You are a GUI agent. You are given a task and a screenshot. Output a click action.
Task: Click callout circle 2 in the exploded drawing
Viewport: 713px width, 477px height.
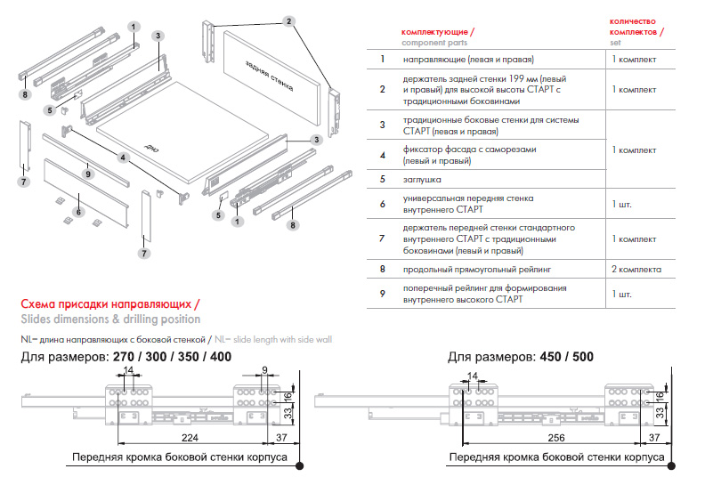click(x=289, y=20)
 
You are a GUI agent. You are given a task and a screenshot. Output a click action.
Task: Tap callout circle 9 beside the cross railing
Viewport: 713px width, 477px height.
click(x=88, y=174)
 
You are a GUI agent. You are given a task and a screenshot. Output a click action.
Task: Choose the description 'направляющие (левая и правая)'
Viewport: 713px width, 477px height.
click(x=467, y=60)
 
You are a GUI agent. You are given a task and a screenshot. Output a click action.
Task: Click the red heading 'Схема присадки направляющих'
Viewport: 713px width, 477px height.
click(x=109, y=303)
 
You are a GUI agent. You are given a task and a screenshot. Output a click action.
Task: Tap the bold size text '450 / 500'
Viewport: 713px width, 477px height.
click(x=565, y=357)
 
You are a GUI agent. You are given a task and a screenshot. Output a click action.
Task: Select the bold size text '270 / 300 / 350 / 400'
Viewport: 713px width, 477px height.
click(x=171, y=357)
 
